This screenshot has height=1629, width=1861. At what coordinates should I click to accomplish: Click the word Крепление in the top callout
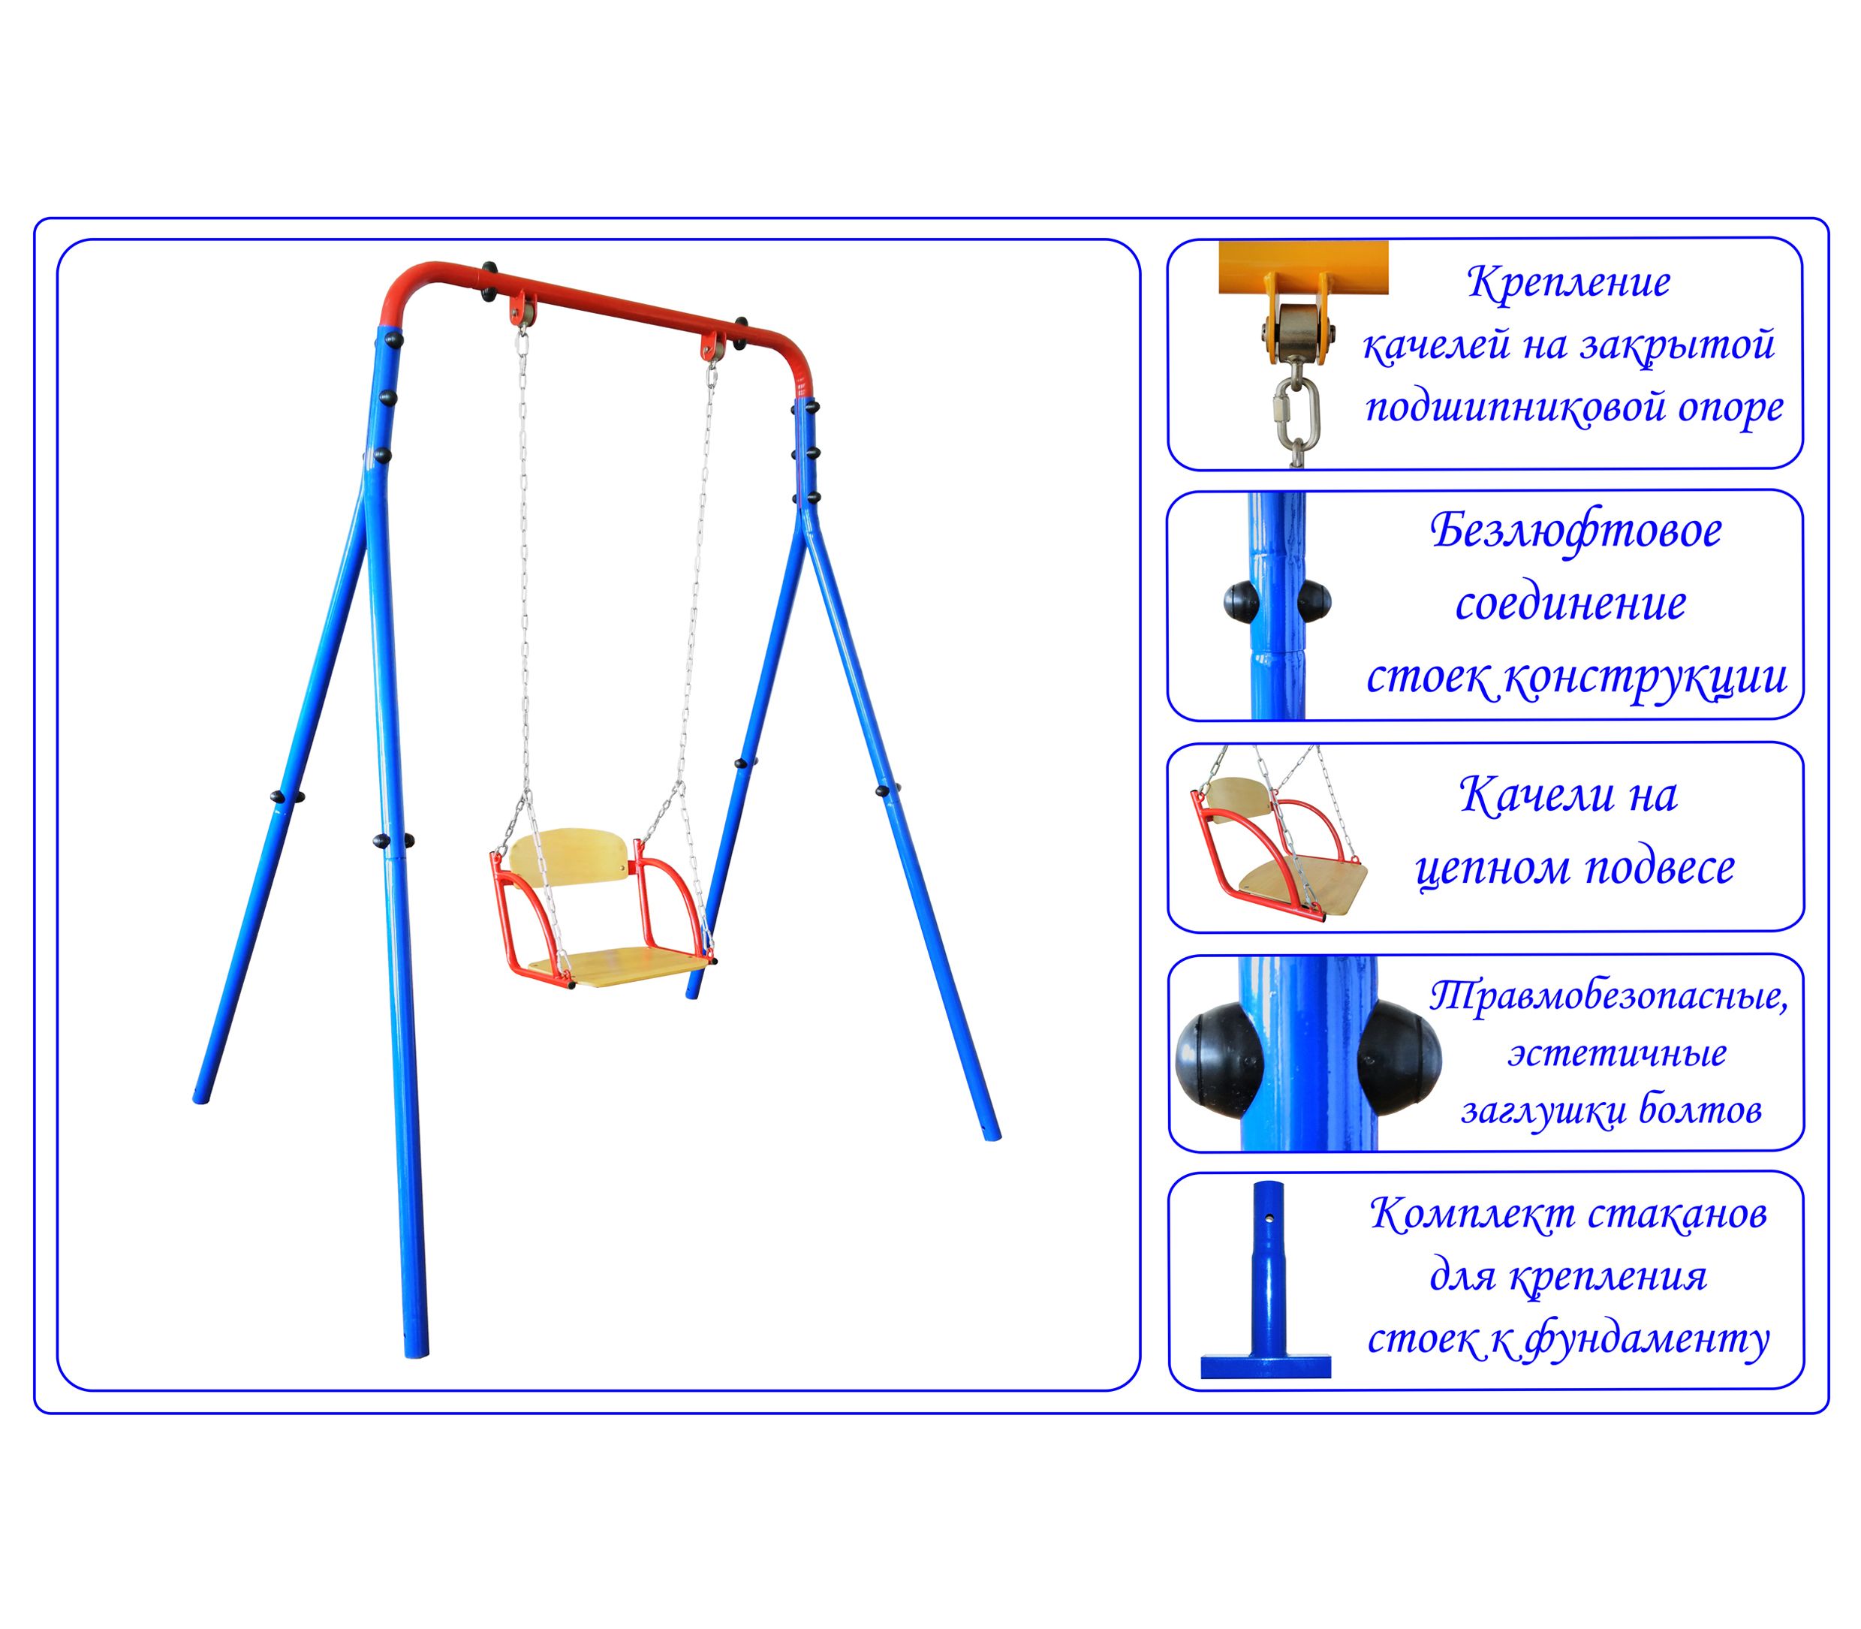1568,283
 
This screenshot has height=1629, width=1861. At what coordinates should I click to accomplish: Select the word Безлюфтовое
1575,531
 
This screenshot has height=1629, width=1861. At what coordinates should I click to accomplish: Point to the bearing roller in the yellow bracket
1296,332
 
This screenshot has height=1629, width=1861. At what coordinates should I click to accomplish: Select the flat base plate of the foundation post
1266,1366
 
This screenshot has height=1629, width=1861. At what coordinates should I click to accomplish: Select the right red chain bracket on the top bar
712,348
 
